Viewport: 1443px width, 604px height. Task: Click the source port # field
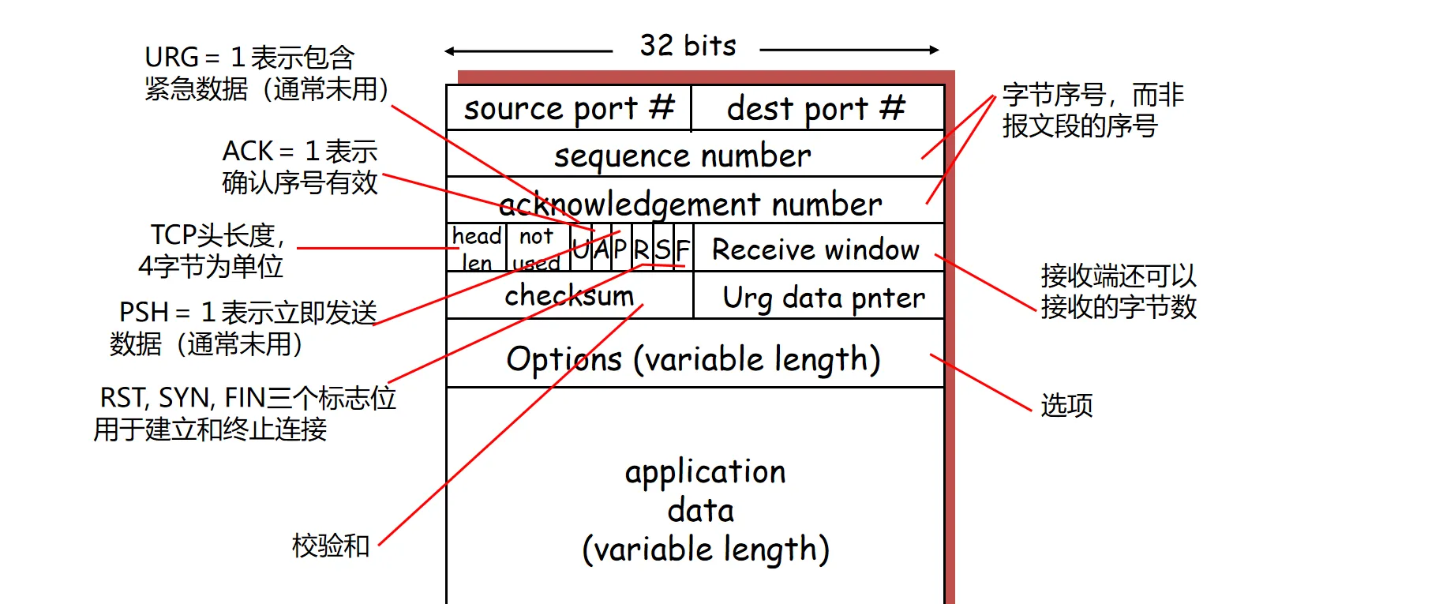pos(568,108)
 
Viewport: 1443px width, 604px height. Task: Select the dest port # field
pos(816,108)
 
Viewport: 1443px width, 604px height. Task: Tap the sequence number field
pos(682,156)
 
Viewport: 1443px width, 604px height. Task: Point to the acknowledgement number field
pos(691,204)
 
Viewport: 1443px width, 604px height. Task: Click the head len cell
pos(476,249)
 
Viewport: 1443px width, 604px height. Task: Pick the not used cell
pos(537,249)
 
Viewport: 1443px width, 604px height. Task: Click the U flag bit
pos(580,249)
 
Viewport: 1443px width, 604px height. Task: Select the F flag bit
pos(683,249)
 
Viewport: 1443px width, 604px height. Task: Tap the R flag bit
pos(641,249)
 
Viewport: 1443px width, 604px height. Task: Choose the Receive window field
pos(815,249)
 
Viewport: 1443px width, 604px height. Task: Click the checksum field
pos(569,295)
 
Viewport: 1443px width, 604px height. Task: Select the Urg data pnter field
pos(823,298)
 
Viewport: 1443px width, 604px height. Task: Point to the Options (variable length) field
pos(693,359)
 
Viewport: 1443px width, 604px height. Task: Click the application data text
pos(705,510)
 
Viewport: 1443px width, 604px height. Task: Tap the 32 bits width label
pos(688,46)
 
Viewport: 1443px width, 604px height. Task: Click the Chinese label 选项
pos(1066,405)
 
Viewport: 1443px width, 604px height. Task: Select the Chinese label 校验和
pos(331,545)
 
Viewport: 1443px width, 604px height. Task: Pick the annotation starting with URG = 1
pos(266,73)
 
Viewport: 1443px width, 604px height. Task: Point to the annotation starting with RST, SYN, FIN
pos(245,413)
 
